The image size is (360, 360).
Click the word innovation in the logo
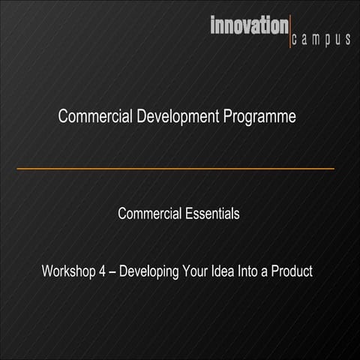247,26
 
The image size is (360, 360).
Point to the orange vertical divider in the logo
289,32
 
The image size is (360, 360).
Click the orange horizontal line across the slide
175,169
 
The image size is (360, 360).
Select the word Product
292,271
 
